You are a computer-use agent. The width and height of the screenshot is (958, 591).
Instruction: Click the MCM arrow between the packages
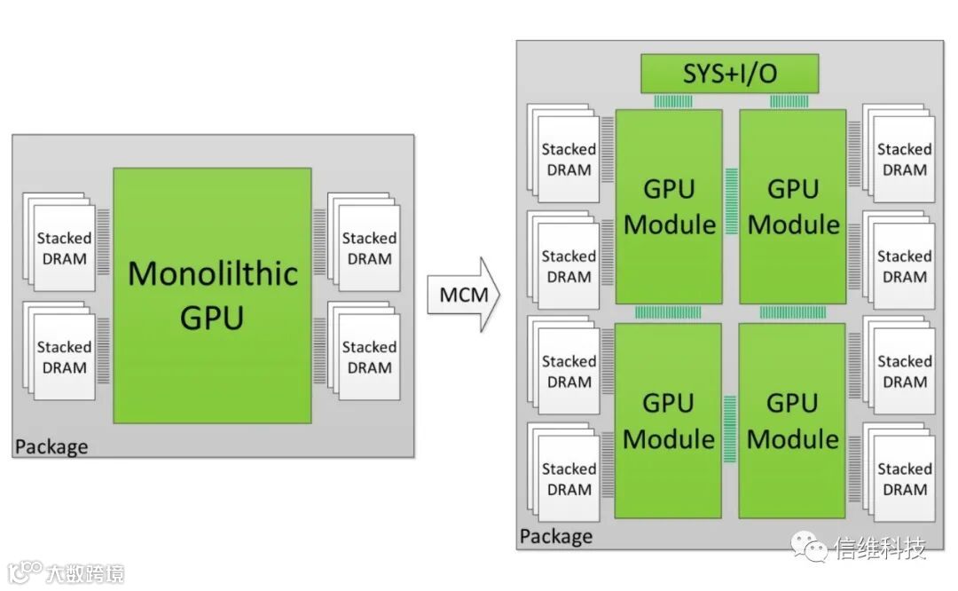coord(464,295)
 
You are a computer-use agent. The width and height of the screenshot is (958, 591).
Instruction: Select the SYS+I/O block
coord(729,74)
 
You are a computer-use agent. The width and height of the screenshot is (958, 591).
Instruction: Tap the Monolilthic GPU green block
coord(212,295)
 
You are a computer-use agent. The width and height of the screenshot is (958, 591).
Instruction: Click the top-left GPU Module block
coord(669,207)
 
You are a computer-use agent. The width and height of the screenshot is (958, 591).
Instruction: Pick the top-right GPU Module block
coord(793,207)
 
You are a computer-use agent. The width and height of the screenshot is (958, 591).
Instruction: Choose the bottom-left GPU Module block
coord(668,421)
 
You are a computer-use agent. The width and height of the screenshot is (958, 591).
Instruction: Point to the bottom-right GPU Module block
coord(792,421)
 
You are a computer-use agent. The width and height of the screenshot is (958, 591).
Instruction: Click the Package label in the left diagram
coord(51,446)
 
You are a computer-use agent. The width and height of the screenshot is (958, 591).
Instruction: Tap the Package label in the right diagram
coord(556,536)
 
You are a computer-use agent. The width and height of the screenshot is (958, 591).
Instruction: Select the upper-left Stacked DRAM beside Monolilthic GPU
coord(59,241)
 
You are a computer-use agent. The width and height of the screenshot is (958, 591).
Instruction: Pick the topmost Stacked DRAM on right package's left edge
coord(563,153)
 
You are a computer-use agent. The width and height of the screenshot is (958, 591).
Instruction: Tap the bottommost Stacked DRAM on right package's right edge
coord(899,472)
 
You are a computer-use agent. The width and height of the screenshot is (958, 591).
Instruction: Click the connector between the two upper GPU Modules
coord(731,201)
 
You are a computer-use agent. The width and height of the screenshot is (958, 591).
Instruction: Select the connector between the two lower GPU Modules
coord(730,429)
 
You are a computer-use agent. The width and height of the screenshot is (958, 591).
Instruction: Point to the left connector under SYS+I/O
coord(673,101)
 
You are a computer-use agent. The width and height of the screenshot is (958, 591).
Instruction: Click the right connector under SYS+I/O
coord(789,101)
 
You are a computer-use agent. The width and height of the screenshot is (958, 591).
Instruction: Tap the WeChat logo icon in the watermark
coord(810,546)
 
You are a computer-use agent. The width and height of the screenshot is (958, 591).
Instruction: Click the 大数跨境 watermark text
coord(85,573)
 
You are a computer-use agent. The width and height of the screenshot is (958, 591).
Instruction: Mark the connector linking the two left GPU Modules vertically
coord(669,313)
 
